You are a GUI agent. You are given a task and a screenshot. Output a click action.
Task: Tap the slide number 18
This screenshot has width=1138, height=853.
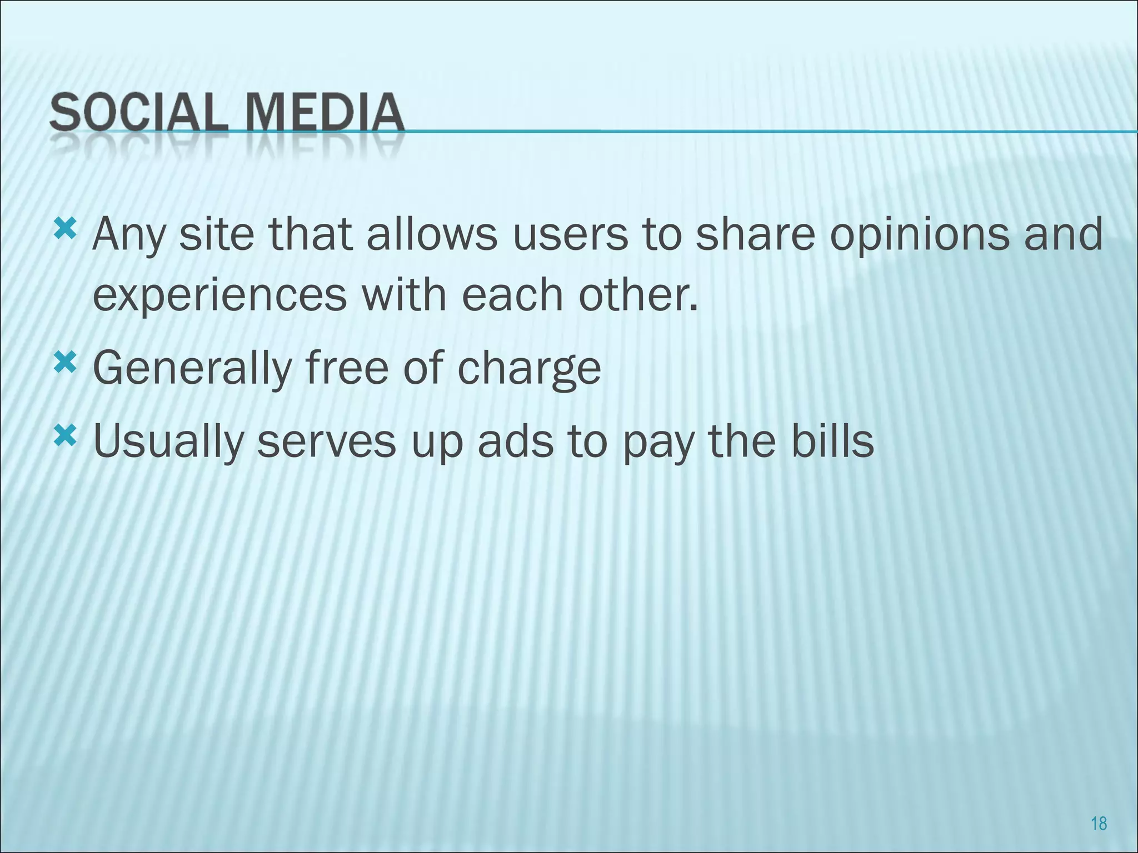1099,823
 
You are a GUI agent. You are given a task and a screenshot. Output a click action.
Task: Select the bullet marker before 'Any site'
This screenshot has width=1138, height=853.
65,229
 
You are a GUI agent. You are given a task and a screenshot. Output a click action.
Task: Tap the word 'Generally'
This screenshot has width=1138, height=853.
192,369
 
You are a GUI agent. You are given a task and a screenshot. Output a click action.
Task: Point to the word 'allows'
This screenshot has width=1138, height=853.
432,234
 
